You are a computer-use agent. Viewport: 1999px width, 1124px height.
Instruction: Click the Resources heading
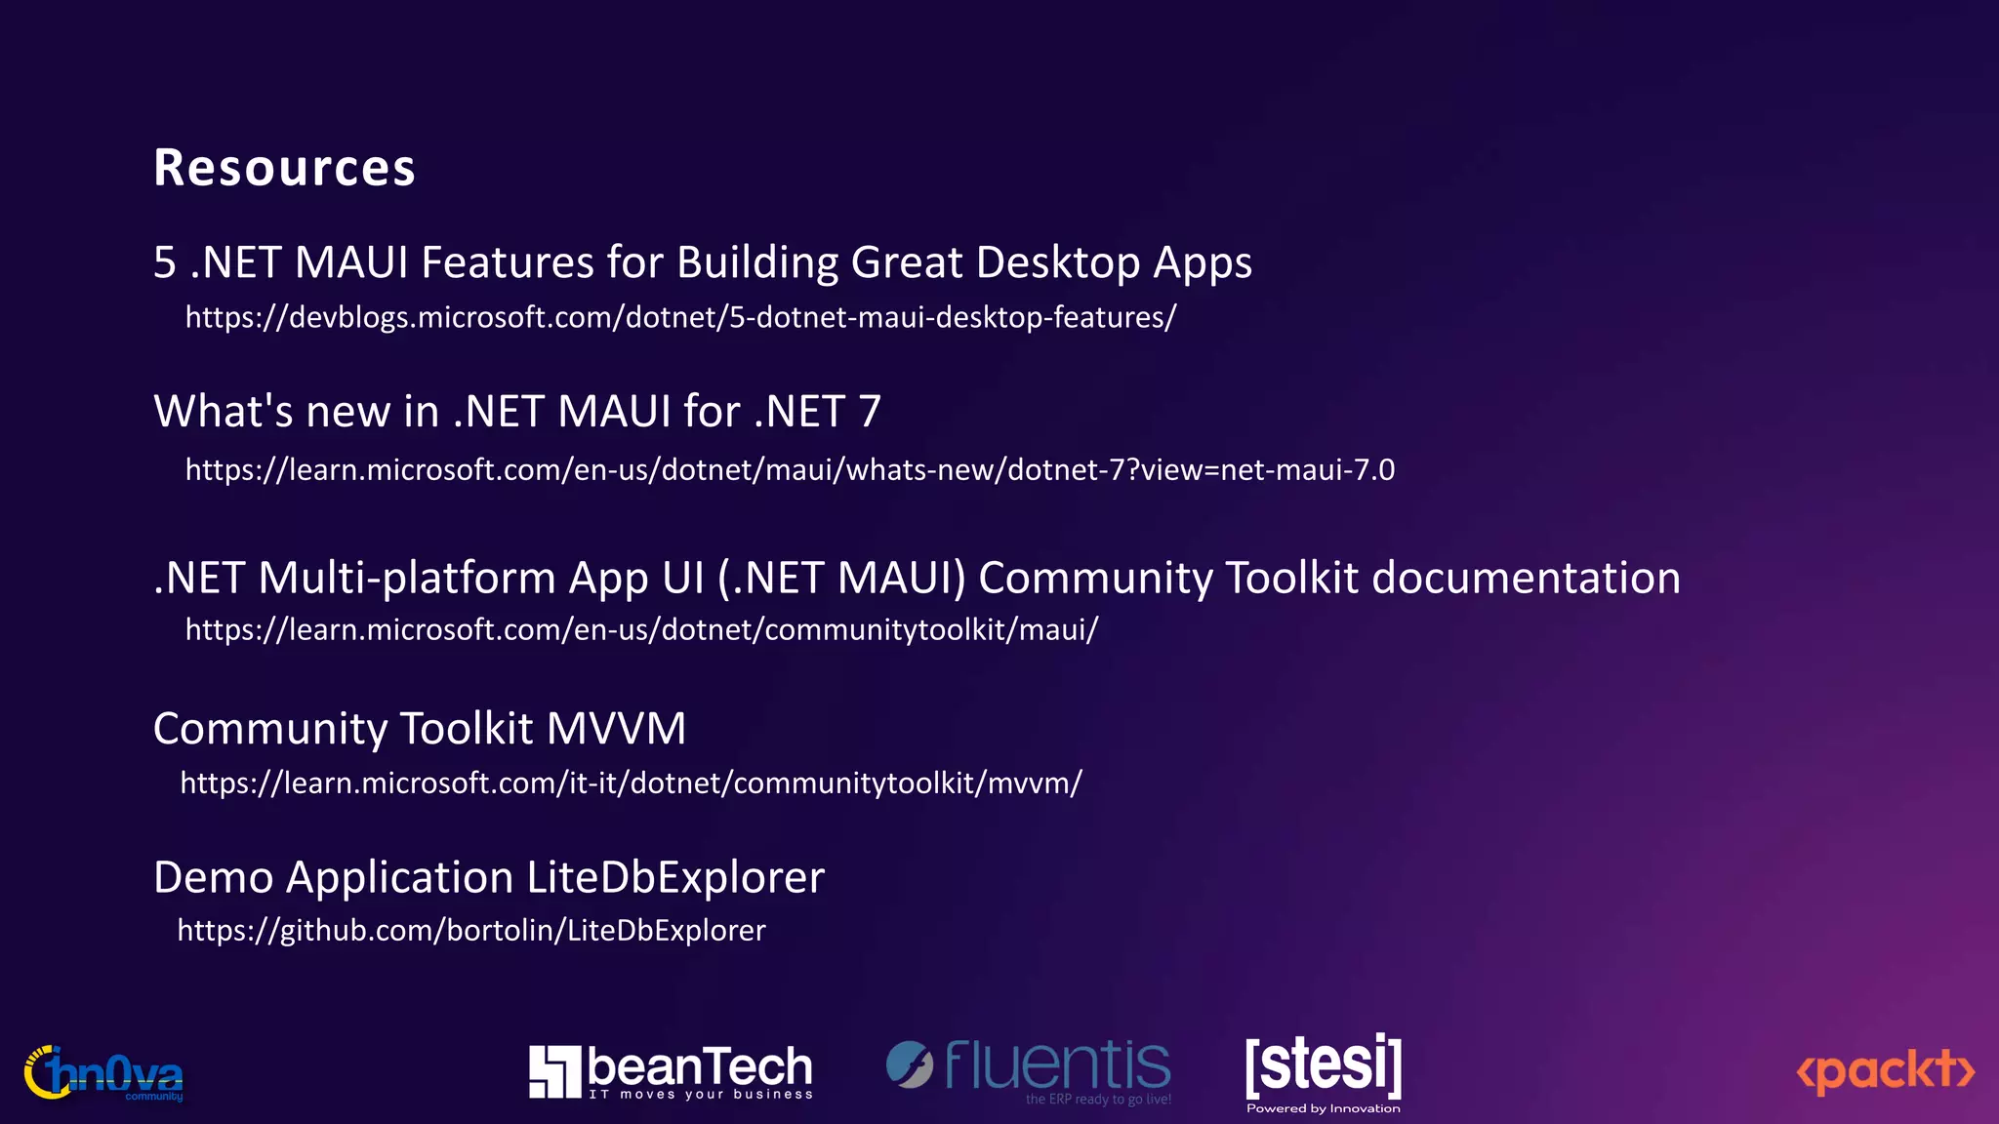click(x=284, y=168)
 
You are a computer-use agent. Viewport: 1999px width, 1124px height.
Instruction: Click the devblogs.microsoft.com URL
click(x=680, y=317)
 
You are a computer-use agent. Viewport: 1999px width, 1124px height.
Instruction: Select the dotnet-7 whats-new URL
click(x=790, y=470)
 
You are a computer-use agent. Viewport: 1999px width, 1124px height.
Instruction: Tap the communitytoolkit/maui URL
click(x=641, y=630)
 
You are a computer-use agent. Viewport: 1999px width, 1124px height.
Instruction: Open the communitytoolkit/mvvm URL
click(x=631, y=783)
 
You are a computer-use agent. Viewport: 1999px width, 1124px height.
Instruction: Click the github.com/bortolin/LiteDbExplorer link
click(x=471, y=931)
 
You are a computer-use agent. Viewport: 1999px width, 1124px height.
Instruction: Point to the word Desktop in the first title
click(x=1057, y=262)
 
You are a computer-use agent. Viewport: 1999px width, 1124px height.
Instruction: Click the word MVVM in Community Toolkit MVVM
click(x=616, y=729)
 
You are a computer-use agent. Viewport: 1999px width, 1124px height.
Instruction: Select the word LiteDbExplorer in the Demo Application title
click(x=675, y=877)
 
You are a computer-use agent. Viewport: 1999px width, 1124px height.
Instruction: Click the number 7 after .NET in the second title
click(x=869, y=412)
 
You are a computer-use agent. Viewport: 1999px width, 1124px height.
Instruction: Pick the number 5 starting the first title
click(x=165, y=262)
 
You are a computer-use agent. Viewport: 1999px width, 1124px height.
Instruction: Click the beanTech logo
click(x=671, y=1071)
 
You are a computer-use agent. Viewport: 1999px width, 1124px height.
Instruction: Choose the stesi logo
click(x=1323, y=1064)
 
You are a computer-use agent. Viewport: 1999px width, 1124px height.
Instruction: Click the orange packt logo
click(x=1885, y=1070)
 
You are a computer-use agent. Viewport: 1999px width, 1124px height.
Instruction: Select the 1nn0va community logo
click(x=103, y=1073)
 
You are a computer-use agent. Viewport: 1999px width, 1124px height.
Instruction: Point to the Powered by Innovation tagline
click(x=1323, y=1108)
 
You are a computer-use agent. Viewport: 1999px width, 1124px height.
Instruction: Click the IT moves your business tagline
click(x=700, y=1095)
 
